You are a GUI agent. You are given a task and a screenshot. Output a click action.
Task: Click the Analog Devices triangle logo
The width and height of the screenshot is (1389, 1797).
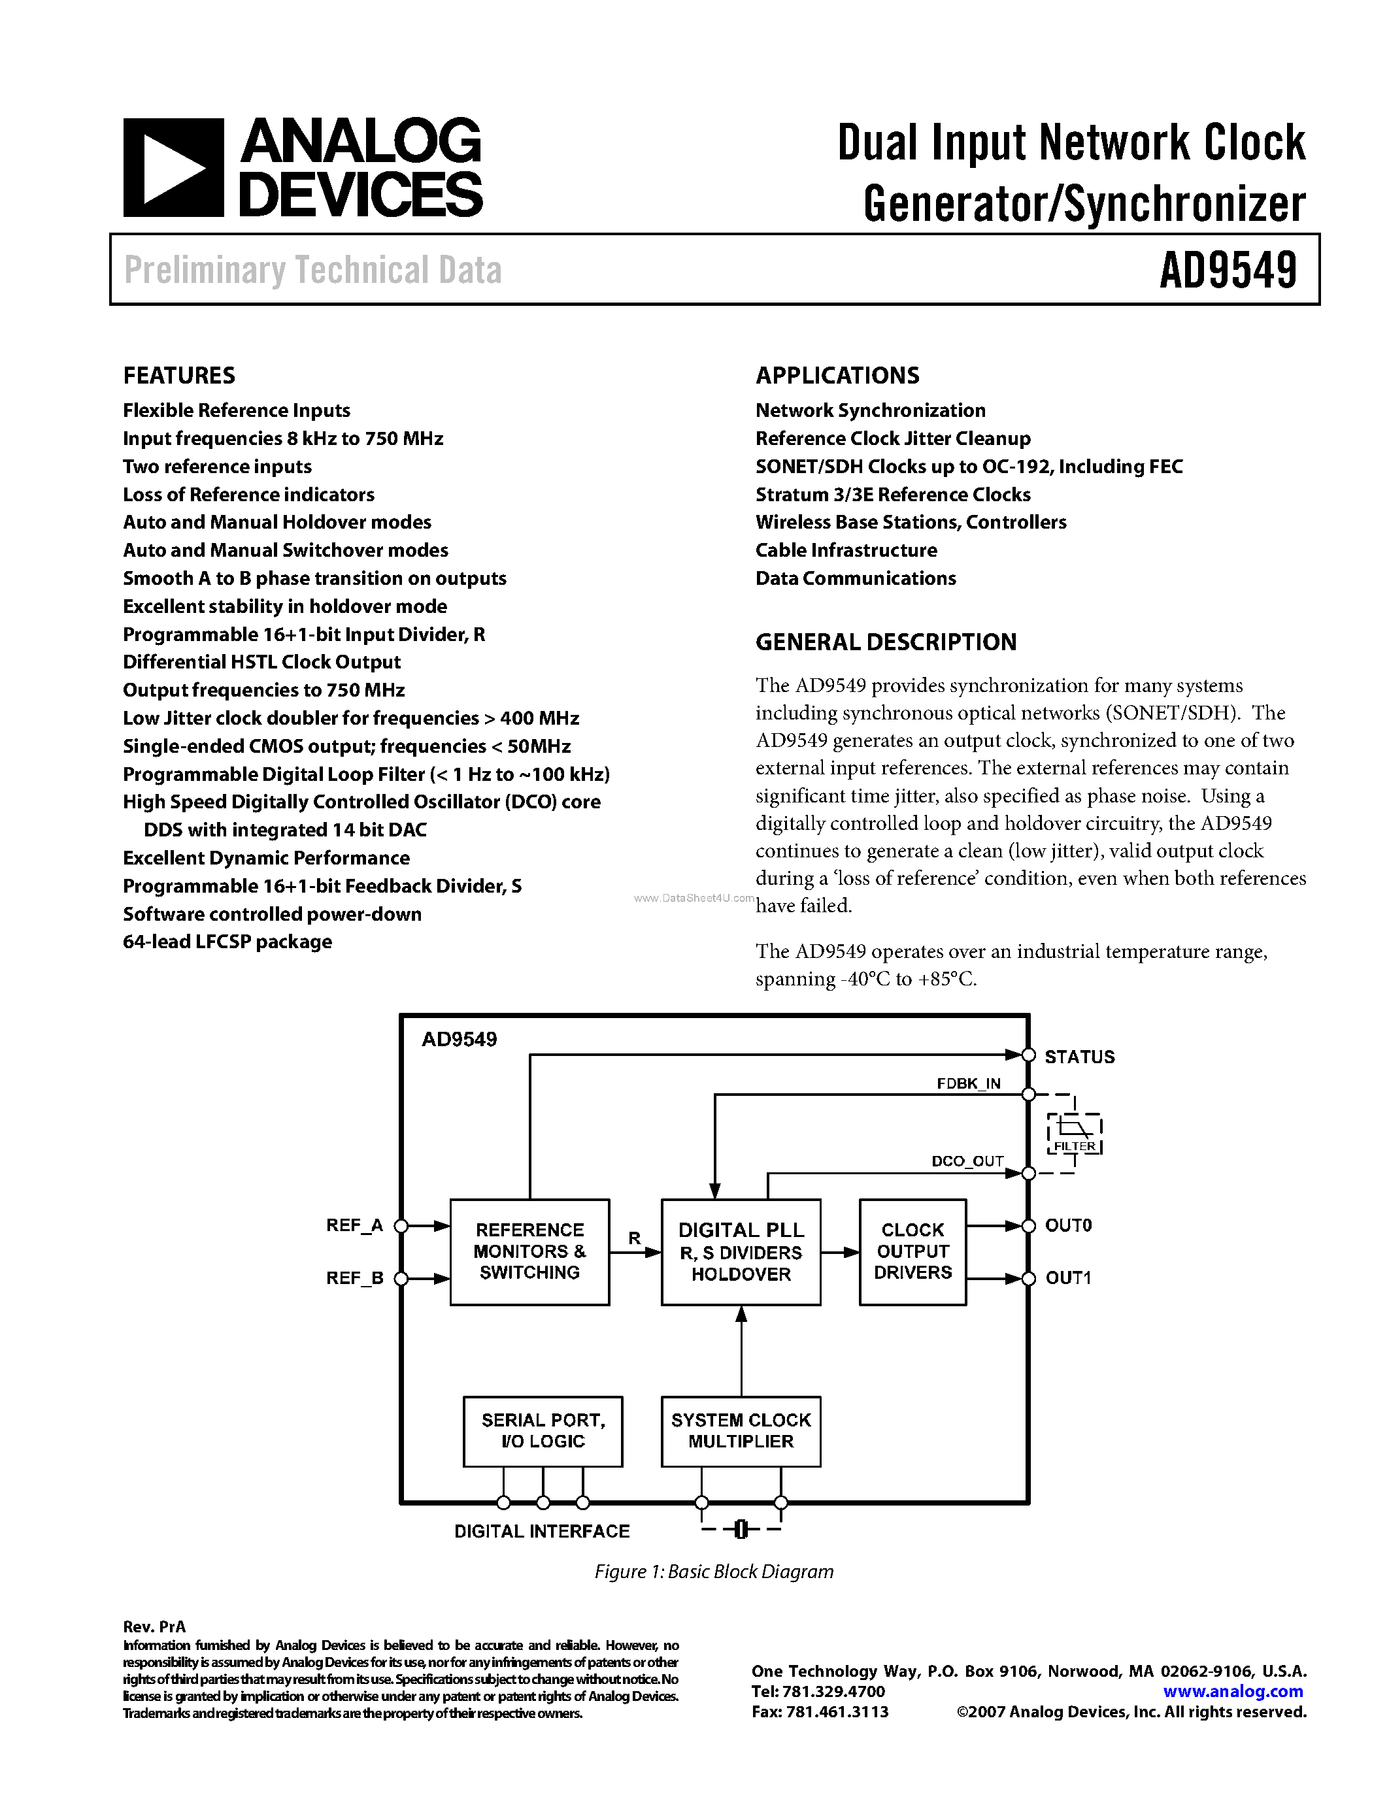pos(173,168)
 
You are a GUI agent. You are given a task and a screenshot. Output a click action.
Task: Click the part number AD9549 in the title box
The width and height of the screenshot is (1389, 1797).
pos(1228,270)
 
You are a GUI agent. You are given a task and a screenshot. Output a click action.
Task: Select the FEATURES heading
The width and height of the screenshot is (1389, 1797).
pos(179,376)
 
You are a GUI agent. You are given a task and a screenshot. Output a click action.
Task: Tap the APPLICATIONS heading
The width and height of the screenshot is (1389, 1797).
pos(837,376)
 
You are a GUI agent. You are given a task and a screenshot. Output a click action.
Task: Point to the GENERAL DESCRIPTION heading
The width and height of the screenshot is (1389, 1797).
pos(886,642)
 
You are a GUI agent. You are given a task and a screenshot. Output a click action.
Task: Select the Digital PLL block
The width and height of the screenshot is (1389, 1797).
pos(741,1251)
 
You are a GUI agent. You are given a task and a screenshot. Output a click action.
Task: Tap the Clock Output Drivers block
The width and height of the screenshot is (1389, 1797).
pos(912,1251)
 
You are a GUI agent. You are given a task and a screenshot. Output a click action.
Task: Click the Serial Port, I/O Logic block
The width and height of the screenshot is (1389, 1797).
pos(543,1431)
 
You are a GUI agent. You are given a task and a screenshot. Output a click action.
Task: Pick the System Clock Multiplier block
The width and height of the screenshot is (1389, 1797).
pos(741,1431)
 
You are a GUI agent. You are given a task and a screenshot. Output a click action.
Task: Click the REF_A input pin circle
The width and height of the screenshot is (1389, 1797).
pos(401,1226)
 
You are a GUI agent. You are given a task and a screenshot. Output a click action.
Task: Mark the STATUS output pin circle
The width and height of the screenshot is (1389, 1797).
pos(1028,1055)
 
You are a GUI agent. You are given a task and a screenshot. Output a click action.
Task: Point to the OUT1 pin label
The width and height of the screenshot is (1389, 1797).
pos(1068,1278)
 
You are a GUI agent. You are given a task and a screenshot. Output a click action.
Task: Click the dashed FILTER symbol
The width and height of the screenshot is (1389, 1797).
pos(1075,1133)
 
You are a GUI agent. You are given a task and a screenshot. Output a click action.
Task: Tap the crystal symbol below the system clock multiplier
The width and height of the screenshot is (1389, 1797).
pos(741,1529)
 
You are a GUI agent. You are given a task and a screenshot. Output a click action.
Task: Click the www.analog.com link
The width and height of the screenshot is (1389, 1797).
pos(1233,1692)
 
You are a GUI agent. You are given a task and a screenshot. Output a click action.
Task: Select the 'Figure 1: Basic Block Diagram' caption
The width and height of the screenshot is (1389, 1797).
pos(713,1572)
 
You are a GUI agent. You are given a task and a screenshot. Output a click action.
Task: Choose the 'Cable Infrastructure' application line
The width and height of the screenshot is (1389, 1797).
pos(846,550)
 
